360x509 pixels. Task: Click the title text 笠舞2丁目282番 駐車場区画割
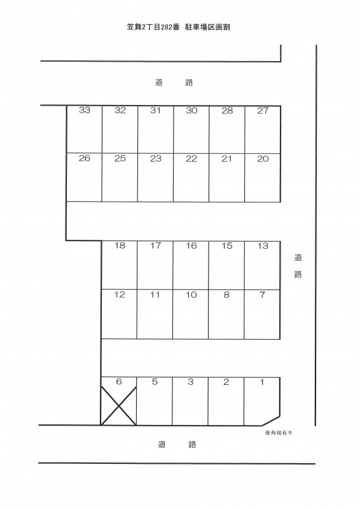178,27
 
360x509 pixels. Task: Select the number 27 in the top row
263,111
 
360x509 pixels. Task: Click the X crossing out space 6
118,406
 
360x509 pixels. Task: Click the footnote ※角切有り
279,433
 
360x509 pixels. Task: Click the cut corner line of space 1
271,421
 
